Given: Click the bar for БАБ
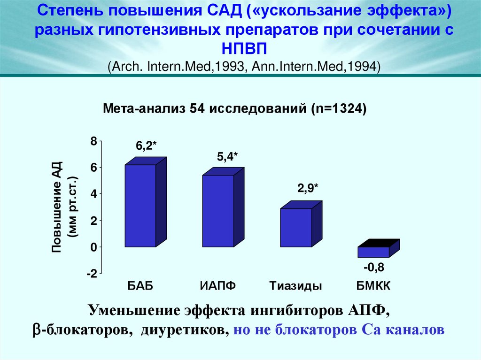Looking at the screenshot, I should (x=140, y=206).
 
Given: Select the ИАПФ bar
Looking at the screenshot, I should (x=218, y=211).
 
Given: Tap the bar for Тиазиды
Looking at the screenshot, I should (x=295, y=228).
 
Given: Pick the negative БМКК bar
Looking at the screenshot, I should (x=373, y=252).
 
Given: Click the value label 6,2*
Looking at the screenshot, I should (x=146, y=146).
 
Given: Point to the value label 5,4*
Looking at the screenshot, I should (x=227, y=158).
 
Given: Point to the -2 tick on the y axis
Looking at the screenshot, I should (x=91, y=274).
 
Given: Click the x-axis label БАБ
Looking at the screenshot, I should (x=140, y=286).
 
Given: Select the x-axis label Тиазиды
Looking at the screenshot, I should (x=295, y=286).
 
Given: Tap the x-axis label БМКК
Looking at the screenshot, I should (x=373, y=286).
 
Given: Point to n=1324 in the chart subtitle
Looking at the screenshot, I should (x=338, y=108).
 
